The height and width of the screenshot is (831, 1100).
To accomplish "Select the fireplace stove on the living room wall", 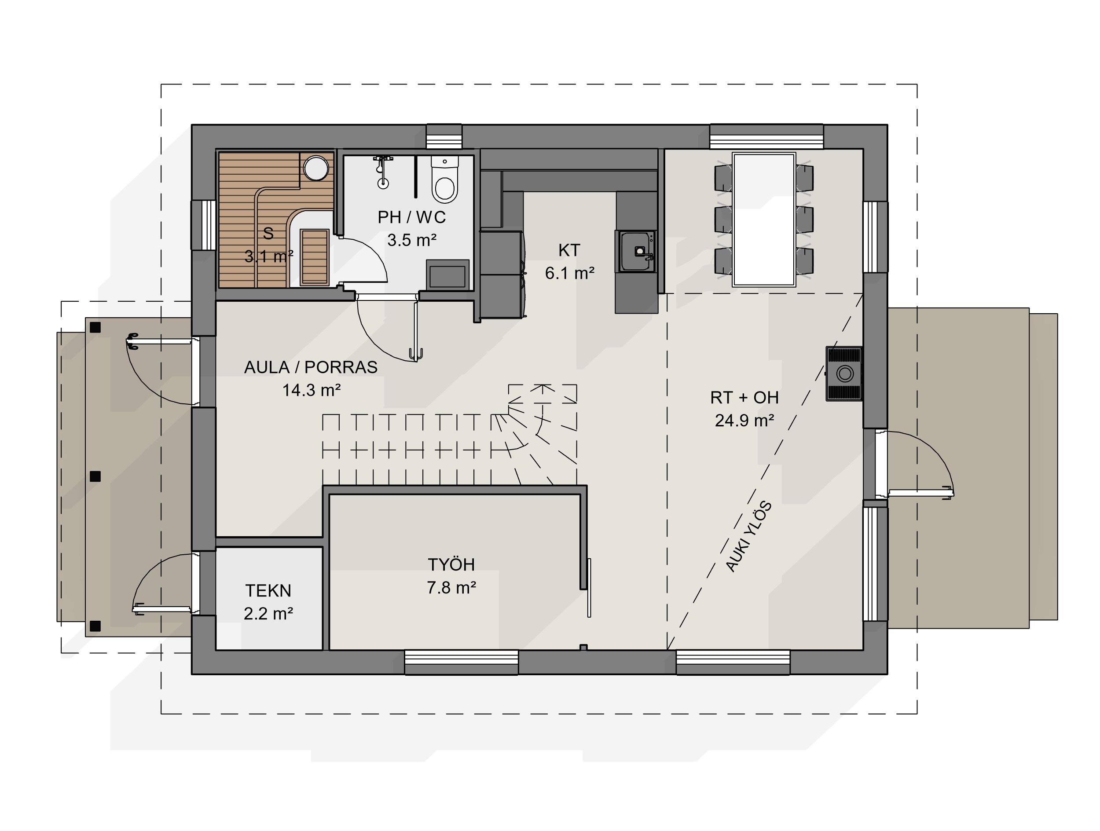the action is pos(844,373).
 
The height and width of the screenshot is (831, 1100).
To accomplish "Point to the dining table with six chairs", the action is pos(764,220).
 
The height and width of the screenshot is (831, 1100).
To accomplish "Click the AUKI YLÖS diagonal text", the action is pos(748,537).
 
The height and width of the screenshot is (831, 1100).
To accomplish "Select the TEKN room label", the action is pos(268,591).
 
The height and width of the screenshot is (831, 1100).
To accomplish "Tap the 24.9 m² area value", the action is pos(744,421).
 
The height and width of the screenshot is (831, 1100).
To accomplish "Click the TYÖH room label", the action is pos(451,564).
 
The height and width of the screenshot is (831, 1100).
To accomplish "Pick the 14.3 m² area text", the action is pos(312,390).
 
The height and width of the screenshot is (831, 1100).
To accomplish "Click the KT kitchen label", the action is pos(569,250).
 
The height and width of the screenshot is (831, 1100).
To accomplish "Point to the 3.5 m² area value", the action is pos(412,240).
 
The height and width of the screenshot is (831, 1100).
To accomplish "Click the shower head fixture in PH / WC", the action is pos(382,172).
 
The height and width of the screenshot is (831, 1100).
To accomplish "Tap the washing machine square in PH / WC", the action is pos(447,275).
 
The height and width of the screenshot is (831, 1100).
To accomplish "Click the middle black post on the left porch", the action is pos(95,476).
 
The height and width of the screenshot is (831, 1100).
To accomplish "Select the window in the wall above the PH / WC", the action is pos(444,137).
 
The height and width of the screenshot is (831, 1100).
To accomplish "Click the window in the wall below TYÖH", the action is pos(462,662).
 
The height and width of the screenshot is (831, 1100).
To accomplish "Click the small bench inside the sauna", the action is pos(314,257).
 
